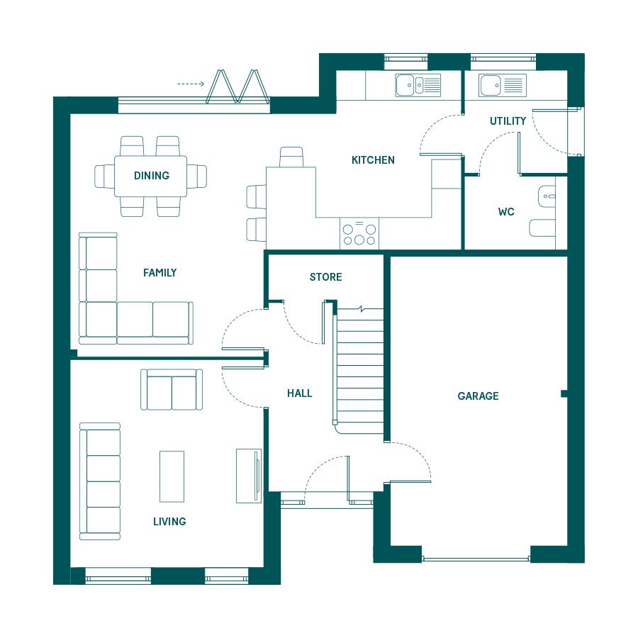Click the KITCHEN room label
click(x=373, y=160)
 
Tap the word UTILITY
click(x=508, y=121)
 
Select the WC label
click(x=506, y=211)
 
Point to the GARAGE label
click(x=478, y=396)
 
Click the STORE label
click(x=325, y=277)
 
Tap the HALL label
click(x=299, y=393)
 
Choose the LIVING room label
click(x=169, y=521)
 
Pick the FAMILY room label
click(x=160, y=273)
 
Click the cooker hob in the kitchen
click(x=359, y=233)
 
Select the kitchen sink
click(x=418, y=85)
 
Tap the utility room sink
click(x=503, y=86)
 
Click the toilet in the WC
click(x=542, y=228)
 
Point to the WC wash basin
click(x=547, y=196)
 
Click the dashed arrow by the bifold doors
click(x=191, y=84)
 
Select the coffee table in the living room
click(x=172, y=476)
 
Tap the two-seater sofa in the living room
click(x=172, y=389)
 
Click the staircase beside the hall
click(x=359, y=370)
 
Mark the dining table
click(x=150, y=177)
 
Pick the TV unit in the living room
click(x=249, y=476)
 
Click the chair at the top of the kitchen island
click(x=291, y=157)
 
